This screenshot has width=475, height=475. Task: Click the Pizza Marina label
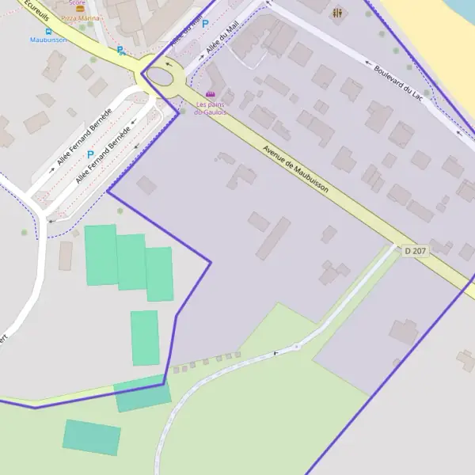pyautogui.click(x=80, y=18)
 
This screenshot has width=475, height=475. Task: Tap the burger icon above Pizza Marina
pyautogui.click(x=80, y=8)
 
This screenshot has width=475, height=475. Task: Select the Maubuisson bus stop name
pyautogui.click(x=47, y=40)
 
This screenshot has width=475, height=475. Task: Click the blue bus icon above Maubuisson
pyautogui.click(x=47, y=31)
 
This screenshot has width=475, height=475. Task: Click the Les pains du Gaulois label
pyautogui.click(x=211, y=108)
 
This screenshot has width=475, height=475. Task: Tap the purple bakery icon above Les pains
pyautogui.click(x=210, y=94)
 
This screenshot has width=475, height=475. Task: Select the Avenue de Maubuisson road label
pyautogui.click(x=295, y=167)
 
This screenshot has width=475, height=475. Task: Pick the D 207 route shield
pyautogui.click(x=414, y=251)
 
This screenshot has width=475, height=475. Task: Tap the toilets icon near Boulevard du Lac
pyautogui.click(x=338, y=13)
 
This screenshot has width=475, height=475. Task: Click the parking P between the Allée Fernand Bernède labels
pyautogui.click(x=90, y=154)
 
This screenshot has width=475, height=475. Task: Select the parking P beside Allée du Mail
pyautogui.click(x=205, y=25)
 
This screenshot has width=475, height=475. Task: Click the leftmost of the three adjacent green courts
pyautogui.click(x=101, y=255)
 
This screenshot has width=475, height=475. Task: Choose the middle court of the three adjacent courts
pyautogui.click(x=131, y=262)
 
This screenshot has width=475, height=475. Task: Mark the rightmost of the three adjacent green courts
pyautogui.click(x=159, y=274)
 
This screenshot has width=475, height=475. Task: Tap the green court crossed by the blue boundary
pyautogui.click(x=142, y=393)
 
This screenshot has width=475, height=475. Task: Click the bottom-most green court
pyautogui.click(x=92, y=437)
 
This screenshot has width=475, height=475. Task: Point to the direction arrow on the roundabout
pyautogui.click(x=168, y=63)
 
